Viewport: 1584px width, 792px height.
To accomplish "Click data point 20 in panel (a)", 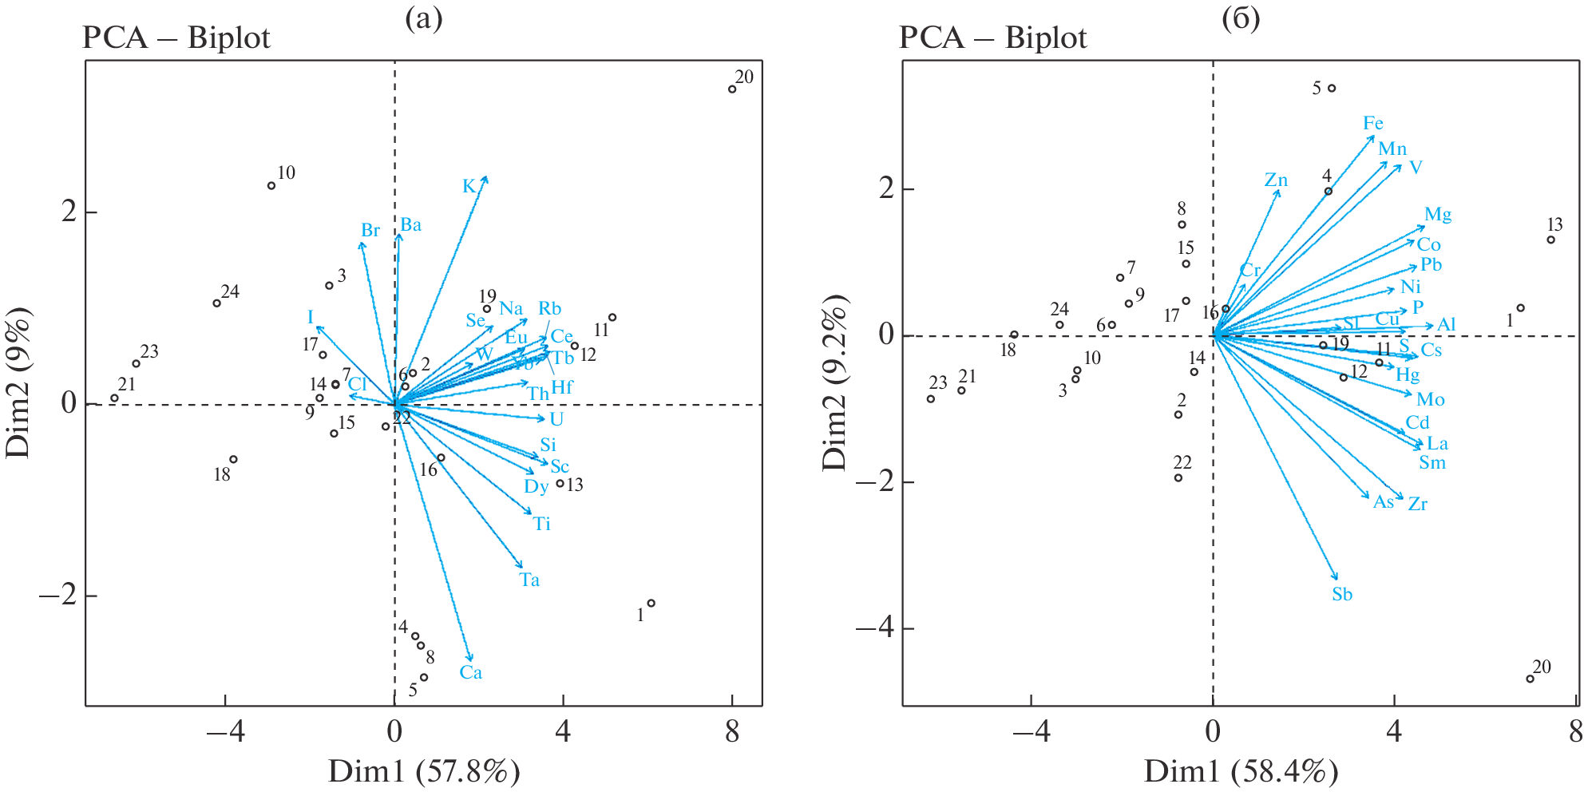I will [x=732, y=89].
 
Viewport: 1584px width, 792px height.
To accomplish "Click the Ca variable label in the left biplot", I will [x=470, y=673].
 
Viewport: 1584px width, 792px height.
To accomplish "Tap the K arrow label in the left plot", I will [x=469, y=187].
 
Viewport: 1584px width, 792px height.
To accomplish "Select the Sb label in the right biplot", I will [x=1342, y=595].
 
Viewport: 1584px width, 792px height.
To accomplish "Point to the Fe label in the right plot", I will [x=1373, y=124].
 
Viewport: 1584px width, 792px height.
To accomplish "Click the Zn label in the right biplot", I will [x=1276, y=180].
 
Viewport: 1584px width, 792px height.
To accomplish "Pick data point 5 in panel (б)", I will [x=1332, y=89].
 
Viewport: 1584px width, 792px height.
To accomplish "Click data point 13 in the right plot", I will [x=1551, y=240].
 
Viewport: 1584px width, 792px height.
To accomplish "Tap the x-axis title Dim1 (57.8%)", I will [x=424, y=772].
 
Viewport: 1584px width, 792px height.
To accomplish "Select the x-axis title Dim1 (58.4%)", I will [x=1241, y=772].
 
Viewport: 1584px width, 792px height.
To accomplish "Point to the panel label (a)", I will [x=423, y=18].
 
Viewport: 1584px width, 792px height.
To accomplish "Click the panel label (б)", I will [x=1241, y=18].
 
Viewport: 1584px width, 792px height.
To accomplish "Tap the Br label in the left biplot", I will [x=370, y=231].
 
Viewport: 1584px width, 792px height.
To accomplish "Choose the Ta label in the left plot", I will [x=529, y=580].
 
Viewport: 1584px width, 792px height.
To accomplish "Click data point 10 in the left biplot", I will [x=271, y=186].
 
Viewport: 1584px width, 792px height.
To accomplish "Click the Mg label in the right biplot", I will [x=1438, y=215].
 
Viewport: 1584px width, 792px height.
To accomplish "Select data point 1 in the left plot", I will [x=651, y=604].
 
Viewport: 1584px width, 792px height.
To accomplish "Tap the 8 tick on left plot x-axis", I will [x=732, y=732].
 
